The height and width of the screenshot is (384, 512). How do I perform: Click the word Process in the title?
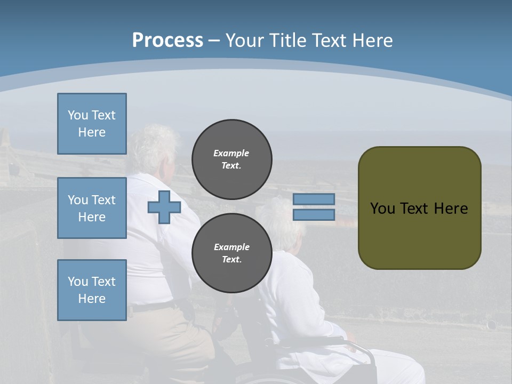pyautogui.click(x=167, y=40)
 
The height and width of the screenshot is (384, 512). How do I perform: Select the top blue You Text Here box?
pyautogui.click(x=92, y=124)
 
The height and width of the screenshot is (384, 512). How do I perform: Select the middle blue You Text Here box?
pyautogui.click(x=92, y=208)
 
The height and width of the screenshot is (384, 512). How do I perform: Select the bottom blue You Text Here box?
pyautogui.click(x=92, y=290)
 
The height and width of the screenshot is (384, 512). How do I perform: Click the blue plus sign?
pyautogui.click(x=164, y=207)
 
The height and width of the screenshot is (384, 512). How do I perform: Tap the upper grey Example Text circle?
pyautogui.click(x=231, y=159)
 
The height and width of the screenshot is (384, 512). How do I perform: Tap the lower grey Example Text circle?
pyautogui.click(x=231, y=253)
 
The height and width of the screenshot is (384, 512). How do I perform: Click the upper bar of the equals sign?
pyautogui.click(x=314, y=199)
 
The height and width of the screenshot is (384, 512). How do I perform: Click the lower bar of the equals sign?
pyautogui.click(x=314, y=215)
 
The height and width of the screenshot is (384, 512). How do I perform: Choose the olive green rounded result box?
pyautogui.click(x=419, y=235)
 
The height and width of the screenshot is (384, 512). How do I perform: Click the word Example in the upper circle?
pyautogui.click(x=231, y=153)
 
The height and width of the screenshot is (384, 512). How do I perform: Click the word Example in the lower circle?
pyautogui.click(x=231, y=247)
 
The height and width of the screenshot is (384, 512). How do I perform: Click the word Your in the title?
pyautogui.click(x=244, y=41)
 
